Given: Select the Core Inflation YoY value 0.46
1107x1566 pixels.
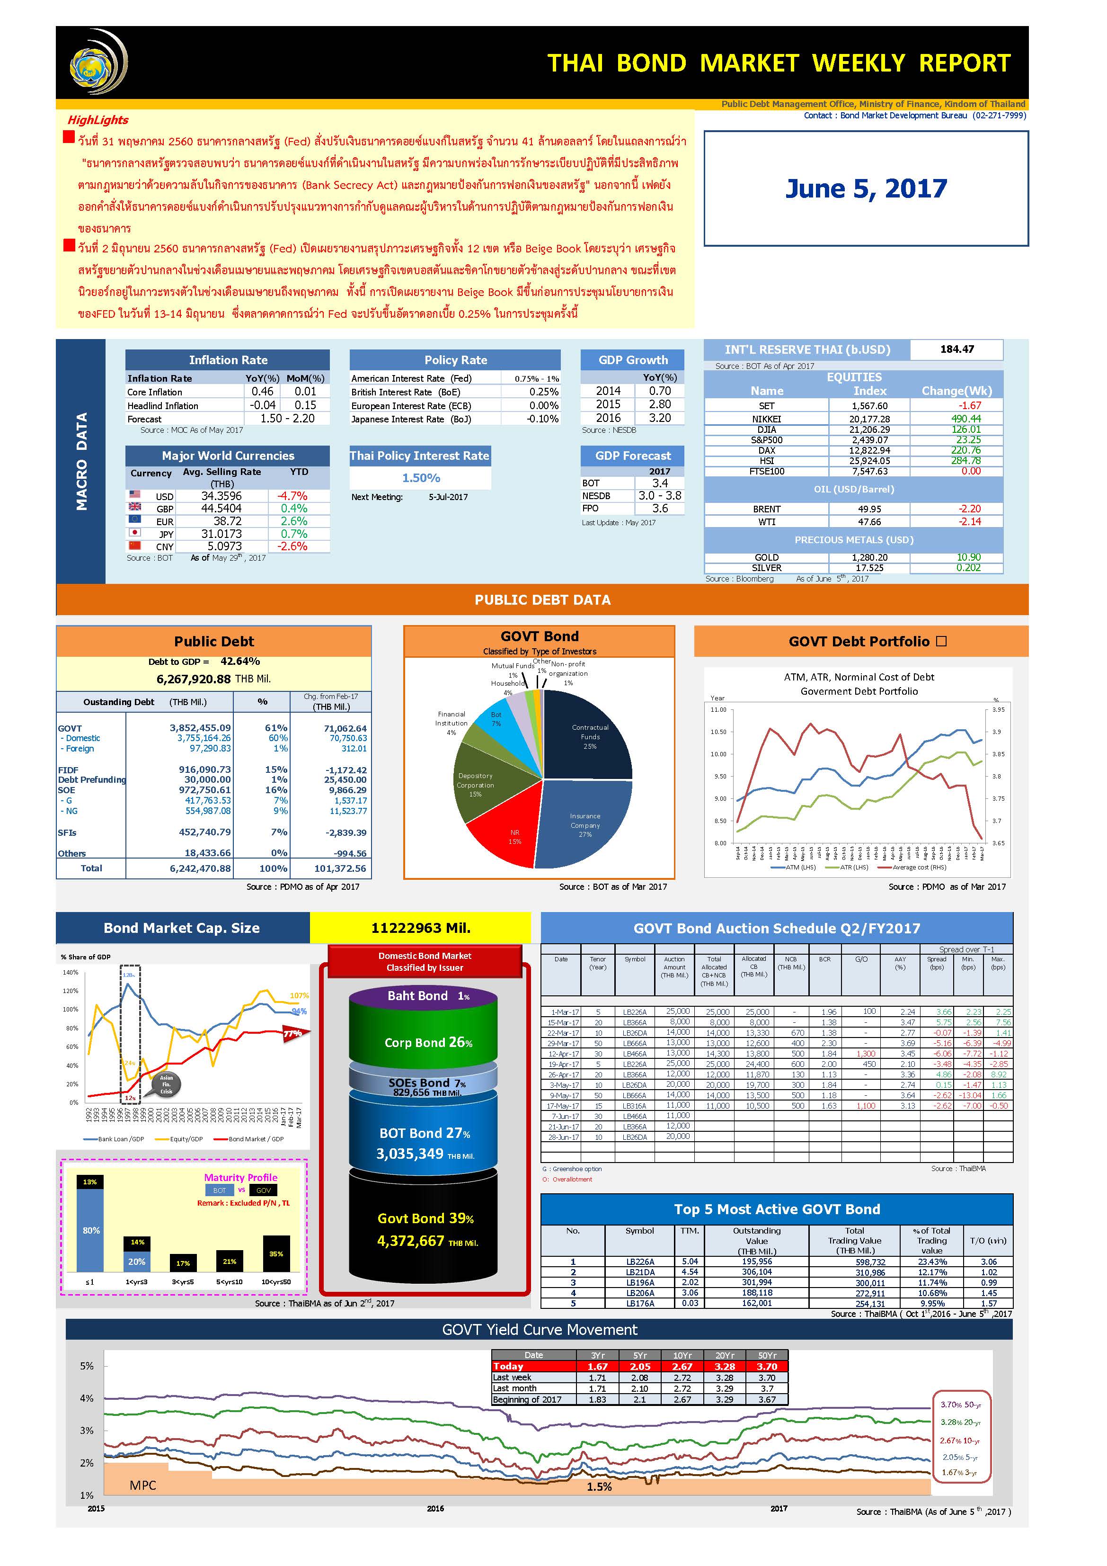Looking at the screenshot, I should (x=263, y=392).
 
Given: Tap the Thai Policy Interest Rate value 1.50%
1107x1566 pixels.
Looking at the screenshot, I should (x=421, y=478).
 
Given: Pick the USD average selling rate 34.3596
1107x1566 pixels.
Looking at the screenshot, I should (x=221, y=496).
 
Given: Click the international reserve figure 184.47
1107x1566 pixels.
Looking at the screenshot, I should (x=956, y=349).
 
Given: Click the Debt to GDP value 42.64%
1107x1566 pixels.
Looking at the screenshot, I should (x=240, y=662).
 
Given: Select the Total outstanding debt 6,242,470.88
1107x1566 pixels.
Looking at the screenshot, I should (x=200, y=868).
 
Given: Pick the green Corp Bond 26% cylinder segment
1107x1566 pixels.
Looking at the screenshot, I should (x=423, y=1041).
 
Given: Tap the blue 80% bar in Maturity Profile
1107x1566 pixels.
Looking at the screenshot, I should (x=91, y=1230).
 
